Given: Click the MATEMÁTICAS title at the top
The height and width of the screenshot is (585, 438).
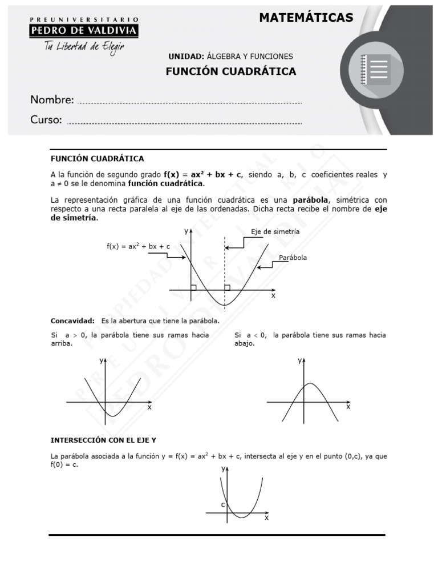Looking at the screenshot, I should pos(306,18).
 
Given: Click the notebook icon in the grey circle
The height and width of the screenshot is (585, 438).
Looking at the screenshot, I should pos(376,70).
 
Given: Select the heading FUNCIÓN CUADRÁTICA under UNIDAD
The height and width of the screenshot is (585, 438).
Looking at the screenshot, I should pos(230,71).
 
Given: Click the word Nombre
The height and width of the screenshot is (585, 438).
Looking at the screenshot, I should pos(52,100).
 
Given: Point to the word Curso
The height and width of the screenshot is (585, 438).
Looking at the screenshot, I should pos(46,120).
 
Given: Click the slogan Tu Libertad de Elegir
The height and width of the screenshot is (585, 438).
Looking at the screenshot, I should pos(84,46).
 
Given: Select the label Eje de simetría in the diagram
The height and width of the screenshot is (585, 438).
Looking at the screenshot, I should pos(275,232).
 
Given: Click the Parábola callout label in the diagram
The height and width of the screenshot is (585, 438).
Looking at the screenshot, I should pos(293,258).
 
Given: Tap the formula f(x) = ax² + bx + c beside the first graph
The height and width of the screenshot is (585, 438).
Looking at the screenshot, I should pos(138,246).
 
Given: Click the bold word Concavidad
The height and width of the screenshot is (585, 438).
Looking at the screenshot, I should pos(72,321).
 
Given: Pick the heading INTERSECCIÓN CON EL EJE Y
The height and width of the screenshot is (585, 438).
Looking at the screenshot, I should pos(103,441).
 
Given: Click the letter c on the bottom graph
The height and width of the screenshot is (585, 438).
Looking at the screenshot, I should pos(223,504).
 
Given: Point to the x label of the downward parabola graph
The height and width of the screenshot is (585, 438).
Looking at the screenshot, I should pos(348,407).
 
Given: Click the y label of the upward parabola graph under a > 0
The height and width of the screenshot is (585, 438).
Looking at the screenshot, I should pos(102,360).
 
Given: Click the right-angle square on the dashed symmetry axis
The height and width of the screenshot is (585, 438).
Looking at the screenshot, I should pos(227,287).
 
